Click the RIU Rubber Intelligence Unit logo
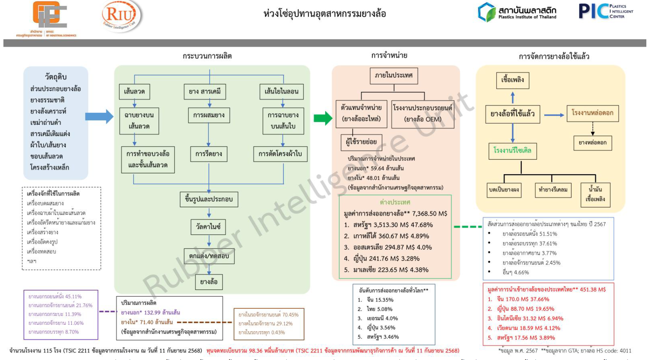pos(121,16)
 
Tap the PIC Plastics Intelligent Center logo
pos(606,11)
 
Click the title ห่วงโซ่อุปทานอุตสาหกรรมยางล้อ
pos(324,14)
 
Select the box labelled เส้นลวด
pos(134,91)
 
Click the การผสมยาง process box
pos(209,115)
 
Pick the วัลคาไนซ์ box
pos(208,227)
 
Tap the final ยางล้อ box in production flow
pos(209,282)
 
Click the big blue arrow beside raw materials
pos(99,116)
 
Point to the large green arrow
pos(323,118)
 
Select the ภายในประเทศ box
pos(394,75)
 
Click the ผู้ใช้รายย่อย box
pos(361,142)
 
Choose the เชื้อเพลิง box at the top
pos(512,80)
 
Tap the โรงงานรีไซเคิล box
pos(512,151)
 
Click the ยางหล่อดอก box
pos(592,143)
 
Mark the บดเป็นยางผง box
pos(504,190)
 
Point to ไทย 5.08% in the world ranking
pos(379,309)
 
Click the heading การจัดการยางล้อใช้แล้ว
pos(554,57)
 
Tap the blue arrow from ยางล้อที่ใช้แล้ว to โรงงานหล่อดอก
pos(554,115)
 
